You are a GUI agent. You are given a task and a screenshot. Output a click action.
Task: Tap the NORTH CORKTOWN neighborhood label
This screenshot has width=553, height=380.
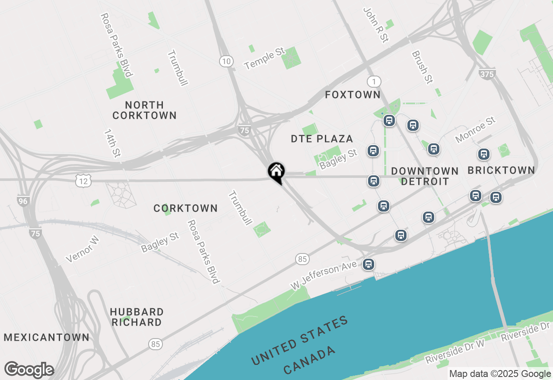coord(144,110)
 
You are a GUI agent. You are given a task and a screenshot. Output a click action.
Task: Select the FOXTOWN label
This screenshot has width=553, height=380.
coord(353,95)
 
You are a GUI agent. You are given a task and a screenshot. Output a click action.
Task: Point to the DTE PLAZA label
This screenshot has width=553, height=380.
coord(322,139)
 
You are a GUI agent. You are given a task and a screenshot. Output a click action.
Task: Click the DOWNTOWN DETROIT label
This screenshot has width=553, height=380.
coord(425,176)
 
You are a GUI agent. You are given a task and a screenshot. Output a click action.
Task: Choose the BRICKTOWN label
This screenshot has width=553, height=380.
coord(501,170)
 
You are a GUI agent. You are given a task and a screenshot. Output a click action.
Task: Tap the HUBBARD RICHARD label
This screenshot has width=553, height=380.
coord(137,317)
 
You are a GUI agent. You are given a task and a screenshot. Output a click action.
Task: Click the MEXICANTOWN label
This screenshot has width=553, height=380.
coord(47,337)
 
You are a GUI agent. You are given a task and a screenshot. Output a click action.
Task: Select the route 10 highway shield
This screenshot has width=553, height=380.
coord(226,61)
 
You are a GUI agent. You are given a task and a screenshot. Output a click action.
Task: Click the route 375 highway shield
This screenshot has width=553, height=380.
coord(487,74)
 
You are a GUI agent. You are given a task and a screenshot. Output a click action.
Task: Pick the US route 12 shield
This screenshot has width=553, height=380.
coord(83,181)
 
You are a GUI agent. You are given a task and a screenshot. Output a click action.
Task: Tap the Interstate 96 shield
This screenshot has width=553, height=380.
coord(23,201)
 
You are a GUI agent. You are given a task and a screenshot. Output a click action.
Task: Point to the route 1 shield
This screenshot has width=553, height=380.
coord(374,81)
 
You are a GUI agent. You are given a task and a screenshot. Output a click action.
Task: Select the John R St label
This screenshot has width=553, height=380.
coord(375,25)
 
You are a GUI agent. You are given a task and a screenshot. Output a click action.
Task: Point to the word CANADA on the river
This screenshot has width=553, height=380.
coord(309,360)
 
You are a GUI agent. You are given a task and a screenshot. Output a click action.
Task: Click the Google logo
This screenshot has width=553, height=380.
coord(29,370)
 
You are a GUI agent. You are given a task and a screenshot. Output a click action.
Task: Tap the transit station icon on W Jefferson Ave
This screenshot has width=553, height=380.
coord(369,264)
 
